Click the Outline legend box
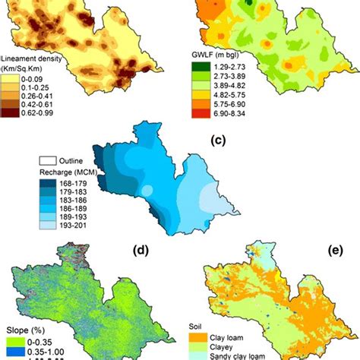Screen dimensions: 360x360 [x=48, y=161]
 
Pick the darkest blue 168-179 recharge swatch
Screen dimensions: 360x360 [x=48, y=183]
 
